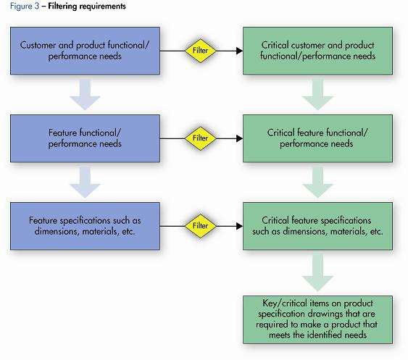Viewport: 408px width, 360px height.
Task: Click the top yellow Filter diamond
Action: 200,51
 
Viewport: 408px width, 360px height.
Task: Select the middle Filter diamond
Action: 200,138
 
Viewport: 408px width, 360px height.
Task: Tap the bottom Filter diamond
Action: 200,226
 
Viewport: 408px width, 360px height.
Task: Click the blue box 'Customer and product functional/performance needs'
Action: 85,51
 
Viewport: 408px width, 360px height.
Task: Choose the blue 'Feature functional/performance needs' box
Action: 85,138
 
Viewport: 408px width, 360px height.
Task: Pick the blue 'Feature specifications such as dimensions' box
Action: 85,226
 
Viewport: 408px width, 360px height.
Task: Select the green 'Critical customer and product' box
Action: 317,51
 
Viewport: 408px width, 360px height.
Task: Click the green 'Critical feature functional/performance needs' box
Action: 317,138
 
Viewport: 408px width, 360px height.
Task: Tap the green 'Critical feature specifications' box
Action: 317,226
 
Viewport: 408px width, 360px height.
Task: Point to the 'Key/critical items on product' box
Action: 317,319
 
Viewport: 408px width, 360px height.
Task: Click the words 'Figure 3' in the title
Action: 25,7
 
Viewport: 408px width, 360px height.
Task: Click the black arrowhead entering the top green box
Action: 239,51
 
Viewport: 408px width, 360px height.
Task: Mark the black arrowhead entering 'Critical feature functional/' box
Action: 239,138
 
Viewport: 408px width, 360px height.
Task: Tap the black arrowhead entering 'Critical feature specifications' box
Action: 239,226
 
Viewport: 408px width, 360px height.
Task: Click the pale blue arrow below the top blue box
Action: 85,95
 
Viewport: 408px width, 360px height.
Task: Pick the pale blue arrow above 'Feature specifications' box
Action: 85,183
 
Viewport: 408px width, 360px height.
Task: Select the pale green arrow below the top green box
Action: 317,95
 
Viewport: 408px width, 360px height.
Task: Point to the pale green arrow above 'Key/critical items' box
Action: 317,273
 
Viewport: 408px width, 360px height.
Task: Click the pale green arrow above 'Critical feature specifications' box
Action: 317,183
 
